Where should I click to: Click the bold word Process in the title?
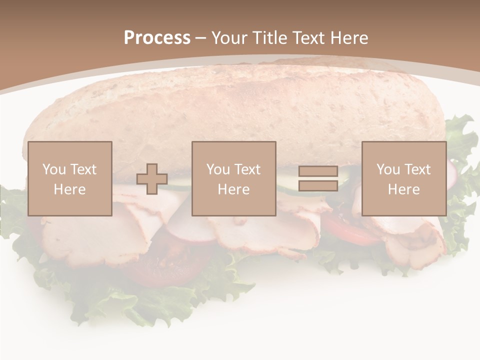[157, 38]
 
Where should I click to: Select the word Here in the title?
[348, 38]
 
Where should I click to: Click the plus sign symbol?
[152, 179]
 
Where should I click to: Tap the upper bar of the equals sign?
[318, 171]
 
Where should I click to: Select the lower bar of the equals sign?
[318, 185]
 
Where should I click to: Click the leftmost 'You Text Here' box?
[70, 178]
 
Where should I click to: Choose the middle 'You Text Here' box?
[233, 178]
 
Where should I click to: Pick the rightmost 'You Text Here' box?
[403, 178]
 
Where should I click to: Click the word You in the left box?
[54, 169]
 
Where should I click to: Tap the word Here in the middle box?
[233, 189]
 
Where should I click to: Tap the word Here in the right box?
[403, 189]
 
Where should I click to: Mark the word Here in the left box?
[70, 189]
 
